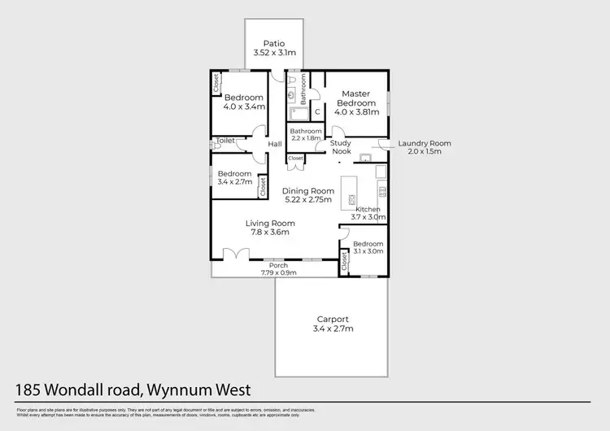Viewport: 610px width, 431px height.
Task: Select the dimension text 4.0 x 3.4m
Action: (244, 107)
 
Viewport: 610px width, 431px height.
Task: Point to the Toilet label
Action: (226, 141)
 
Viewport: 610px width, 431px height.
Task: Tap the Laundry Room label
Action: (424, 144)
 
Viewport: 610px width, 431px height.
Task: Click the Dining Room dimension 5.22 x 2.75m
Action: (308, 201)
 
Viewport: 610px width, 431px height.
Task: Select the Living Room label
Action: (270, 223)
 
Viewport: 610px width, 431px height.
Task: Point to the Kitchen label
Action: (368, 209)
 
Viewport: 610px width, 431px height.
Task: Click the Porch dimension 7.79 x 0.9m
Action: (280, 273)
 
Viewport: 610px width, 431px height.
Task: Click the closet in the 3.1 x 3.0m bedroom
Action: (345, 261)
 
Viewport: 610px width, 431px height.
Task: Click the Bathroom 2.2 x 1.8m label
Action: (307, 134)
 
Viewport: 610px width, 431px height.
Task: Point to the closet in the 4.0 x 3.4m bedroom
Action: (217, 83)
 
